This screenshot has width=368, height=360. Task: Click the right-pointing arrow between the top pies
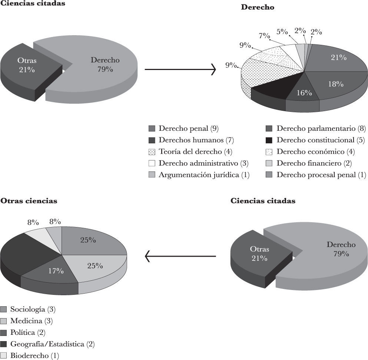[x=180, y=69]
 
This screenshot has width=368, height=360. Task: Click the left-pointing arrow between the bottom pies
[x=180, y=256]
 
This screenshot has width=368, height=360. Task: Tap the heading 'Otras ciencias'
[x=29, y=201]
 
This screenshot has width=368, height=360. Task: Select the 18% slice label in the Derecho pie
[x=335, y=84]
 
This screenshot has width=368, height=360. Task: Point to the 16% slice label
[x=304, y=93]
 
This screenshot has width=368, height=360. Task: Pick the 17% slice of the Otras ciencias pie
[x=56, y=271]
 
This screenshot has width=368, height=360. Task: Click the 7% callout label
[x=264, y=36]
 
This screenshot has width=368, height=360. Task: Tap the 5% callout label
[x=282, y=31]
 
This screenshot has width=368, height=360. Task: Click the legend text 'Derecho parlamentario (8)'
[x=321, y=129]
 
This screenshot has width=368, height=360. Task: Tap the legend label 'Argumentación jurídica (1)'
[x=204, y=175]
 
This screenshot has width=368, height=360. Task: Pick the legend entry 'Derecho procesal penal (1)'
[x=321, y=175]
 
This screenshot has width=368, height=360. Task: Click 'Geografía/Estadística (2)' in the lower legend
[x=52, y=344]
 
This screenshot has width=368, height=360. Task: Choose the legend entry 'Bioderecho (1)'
[x=34, y=356]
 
